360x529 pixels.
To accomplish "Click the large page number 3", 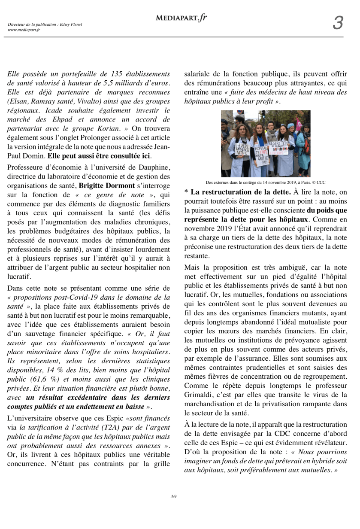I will [338, 23].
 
